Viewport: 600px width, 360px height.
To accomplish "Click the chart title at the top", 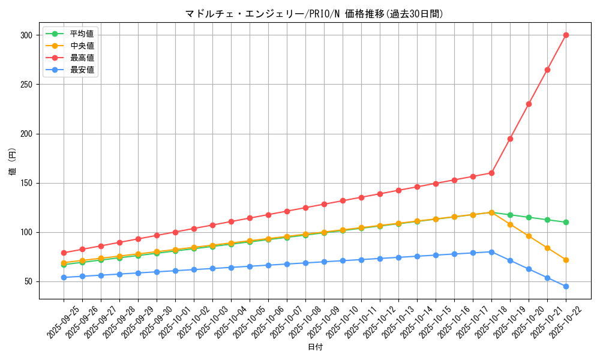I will (314, 14).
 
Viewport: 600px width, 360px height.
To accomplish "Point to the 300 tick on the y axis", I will (26, 35).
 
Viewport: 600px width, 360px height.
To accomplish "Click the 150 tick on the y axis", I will (26, 183).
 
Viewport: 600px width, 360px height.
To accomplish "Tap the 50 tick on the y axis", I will (28, 281).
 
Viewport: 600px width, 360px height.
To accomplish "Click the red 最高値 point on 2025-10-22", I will (566, 35).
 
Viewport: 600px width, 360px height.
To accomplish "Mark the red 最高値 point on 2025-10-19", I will (510, 139).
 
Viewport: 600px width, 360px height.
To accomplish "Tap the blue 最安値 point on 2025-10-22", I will (566, 286).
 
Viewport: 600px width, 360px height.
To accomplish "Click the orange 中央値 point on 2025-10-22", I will (566, 260).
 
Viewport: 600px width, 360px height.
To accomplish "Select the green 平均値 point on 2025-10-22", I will (566, 222).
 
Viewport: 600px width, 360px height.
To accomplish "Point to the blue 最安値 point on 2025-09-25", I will (64, 277).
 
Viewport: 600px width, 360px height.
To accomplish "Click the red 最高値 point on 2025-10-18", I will (491, 173).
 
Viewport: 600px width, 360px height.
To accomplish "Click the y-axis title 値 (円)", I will (13, 162).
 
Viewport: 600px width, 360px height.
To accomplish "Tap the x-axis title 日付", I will (314, 347).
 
